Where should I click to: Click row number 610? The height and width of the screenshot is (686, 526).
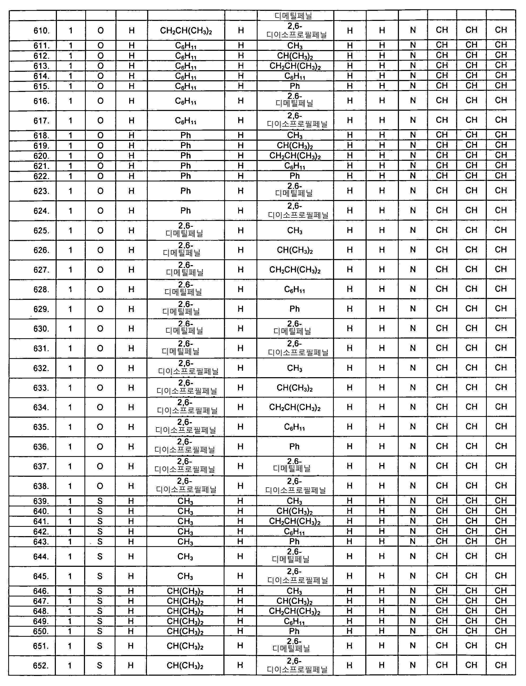click(x=41, y=31)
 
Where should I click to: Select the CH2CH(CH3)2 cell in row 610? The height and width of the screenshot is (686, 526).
click(x=186, y=31)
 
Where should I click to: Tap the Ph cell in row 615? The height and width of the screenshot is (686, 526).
click(x=295, y=86)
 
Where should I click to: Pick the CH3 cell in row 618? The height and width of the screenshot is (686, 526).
click(x=295, y=136)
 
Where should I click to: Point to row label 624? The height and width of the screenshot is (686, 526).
click(x=41, y=211)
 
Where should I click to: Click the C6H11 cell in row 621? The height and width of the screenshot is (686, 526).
click(x=295, y=166)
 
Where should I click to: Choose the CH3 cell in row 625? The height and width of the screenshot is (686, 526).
click(x=295, y=230)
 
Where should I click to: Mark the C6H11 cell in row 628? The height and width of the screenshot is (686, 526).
click(x=295, y=289)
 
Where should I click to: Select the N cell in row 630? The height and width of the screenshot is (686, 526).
click(x=413, y=328)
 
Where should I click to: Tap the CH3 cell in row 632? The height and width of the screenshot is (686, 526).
click(x=295, y=368)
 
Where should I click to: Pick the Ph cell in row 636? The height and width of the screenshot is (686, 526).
click(x=295, y=446)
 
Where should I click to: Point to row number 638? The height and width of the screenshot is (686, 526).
click(x=41, y=486)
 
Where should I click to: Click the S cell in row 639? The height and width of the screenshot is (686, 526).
click(x=100, y=501)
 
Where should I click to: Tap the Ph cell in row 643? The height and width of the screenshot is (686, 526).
click(x=295, y=542)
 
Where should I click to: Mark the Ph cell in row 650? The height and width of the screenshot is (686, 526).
click(x=295, y=631)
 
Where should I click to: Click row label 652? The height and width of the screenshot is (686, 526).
click(x=41, y=665)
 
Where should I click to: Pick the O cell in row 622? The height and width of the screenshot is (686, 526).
click(x=100, y=176)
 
